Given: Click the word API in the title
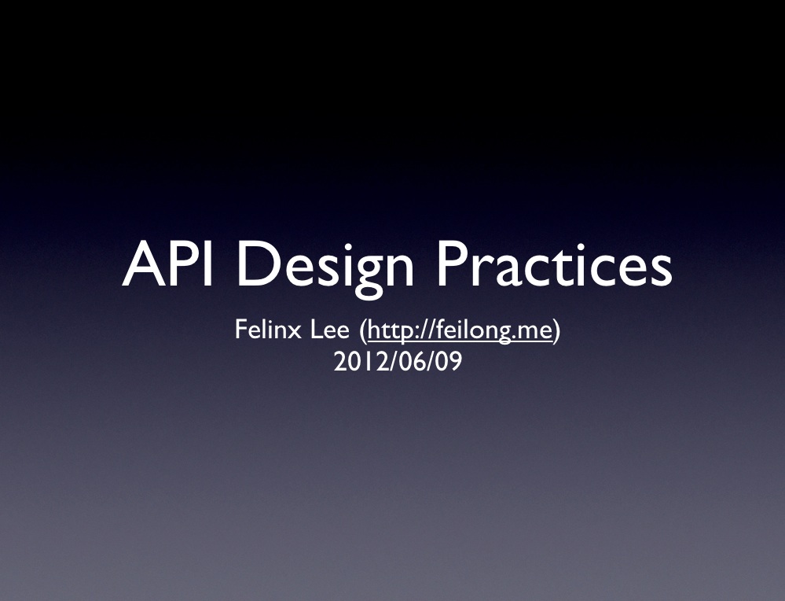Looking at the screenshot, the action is tap(167, 264).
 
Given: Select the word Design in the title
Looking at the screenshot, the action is tap(325, 269).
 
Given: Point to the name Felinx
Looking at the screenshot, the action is tap(267, 330).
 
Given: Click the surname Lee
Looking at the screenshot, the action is tap(330, 330).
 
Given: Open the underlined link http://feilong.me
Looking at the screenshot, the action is tap(460, 331).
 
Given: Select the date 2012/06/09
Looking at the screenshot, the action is tap(398, 361).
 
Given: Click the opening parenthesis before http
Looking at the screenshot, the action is tap(363, 331).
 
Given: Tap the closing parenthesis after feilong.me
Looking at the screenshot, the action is tap(556, 331).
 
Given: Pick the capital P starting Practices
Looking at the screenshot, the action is tap(454, 264).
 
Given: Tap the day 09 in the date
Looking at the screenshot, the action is tap(448, 361).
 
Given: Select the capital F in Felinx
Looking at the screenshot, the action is tap(240, 330).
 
